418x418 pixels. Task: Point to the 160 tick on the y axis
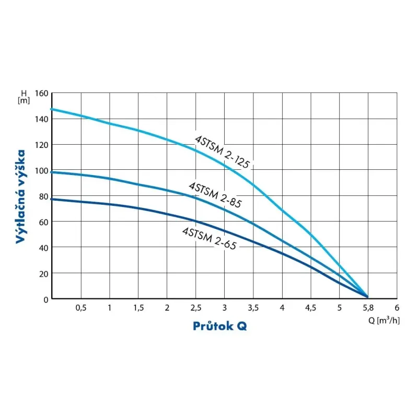[x=41, y=94]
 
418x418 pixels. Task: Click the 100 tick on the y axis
[x=41, y=171]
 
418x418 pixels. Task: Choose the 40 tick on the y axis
[x=43, y=248]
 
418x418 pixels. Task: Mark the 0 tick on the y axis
[x=45, y=299]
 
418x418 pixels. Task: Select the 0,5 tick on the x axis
[x=80, y=308]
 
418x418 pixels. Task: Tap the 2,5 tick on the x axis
[x=195, y=308]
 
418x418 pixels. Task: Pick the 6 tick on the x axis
[x=397, y=308]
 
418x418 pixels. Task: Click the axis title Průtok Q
[x=219, y=326]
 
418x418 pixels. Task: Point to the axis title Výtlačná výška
[x=21, y=196]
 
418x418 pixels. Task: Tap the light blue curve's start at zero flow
[x=52, y=109]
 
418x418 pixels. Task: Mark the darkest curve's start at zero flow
[x=52, y=199]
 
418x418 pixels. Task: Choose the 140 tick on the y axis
[x=41, y=119]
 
